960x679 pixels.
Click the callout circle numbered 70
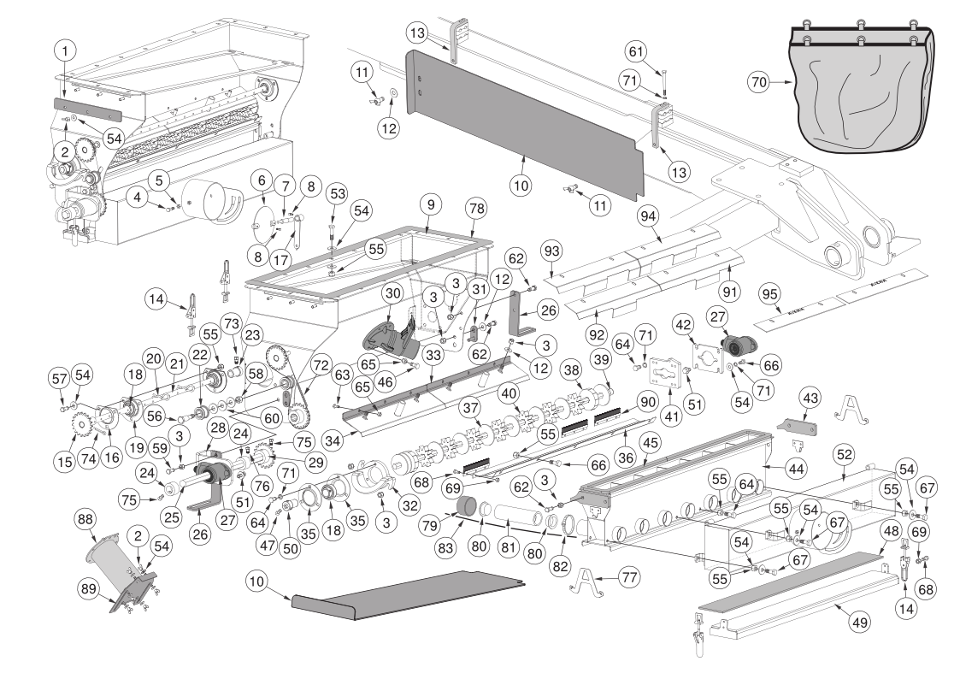coord(759,81)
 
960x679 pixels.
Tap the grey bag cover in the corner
coord(863,86)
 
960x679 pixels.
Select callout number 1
coord(65,50)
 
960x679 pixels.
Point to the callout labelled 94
coord(647,216)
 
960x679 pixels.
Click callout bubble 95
coord(769,294)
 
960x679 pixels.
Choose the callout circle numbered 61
coord(637,51)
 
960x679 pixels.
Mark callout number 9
coord(431,204)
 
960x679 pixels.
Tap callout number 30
coord(393,293)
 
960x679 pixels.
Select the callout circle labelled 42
coord(683,324)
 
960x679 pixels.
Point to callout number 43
coord(810,399)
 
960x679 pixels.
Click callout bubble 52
coord(845,455)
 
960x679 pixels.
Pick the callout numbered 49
coord(860,623)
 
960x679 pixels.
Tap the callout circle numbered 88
coord(85,520)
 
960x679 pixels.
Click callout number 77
coord(629,576)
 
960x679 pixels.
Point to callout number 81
coord(509,546)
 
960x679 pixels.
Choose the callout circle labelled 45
coord(650,443)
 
